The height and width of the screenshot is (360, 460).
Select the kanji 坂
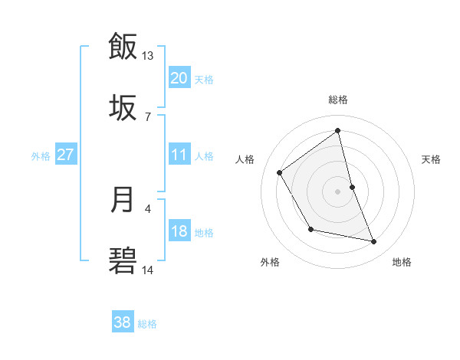click(x=123, y=107)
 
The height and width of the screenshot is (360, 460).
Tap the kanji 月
click(x=123, y=200)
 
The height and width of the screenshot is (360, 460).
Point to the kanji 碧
click(x=123, y=261)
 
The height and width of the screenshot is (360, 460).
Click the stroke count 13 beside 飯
click(x=148, y=56)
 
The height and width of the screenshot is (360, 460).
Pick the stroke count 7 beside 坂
click(x=148, y=116)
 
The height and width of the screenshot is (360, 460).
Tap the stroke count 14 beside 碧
click(x=148, y=270)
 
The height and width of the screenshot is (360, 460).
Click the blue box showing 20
click(x=179, y=78)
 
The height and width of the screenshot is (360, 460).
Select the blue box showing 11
click(x=179, y=155)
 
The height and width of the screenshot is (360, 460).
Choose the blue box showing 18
click(x=179, y=231)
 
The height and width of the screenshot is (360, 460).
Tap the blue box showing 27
click(x=65, y=155)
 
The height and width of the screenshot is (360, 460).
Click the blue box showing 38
click(x=123, y=322)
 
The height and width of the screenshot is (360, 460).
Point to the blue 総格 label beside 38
click(x=147, y=324)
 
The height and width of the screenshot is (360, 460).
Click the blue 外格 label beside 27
click(x=41, y=156)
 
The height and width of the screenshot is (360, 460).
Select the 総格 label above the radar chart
click(x=338, y=100)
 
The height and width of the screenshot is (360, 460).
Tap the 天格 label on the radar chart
click(x=431, y=159)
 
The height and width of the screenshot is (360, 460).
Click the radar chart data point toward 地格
click(x=374, y=242)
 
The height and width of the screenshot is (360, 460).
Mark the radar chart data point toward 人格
click(x=280, y=172)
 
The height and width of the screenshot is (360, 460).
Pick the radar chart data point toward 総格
click(x=338, y=131)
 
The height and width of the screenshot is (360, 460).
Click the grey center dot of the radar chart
click(x=338, y=191)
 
